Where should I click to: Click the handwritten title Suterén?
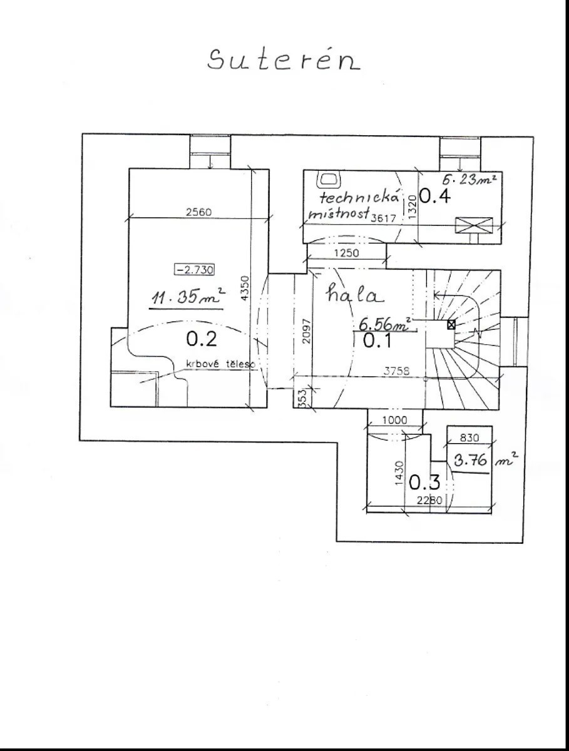pos(284,59)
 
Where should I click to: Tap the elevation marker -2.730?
pos(194,270)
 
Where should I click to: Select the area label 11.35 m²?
pos(188,296)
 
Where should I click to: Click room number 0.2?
pos(202,339)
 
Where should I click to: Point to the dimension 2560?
pos(198,212)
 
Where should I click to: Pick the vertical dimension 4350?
pos(245,289)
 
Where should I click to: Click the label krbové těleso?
pos(221,364)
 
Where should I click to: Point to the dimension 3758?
pos(396,371)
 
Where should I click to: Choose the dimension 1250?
pos(346,253)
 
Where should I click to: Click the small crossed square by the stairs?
pos(451,324)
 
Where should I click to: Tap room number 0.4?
pos(434,197)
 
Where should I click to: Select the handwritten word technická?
pos(359,197)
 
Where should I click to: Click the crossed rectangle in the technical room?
pos(474,225)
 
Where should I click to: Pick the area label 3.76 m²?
pos(485,460)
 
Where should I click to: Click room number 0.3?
pos(424,483)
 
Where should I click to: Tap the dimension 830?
pos(469,437)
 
